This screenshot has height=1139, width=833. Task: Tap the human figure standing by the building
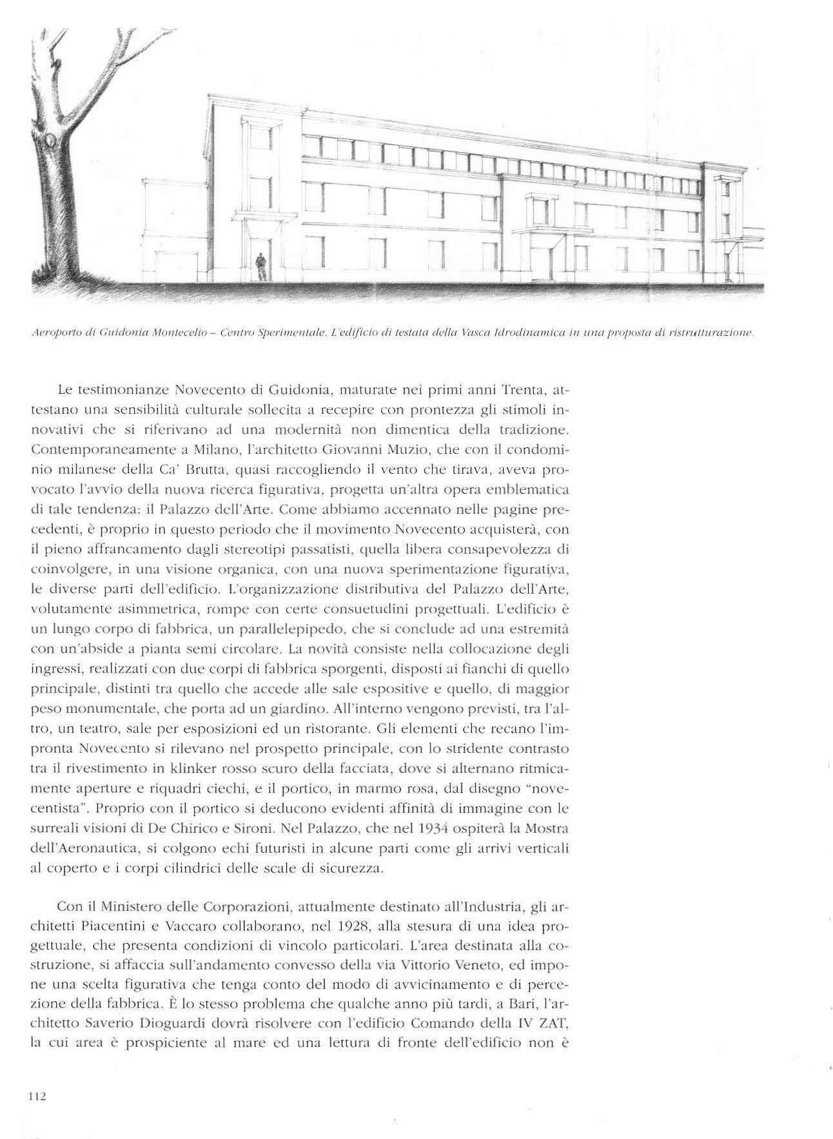tap(260, 266)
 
